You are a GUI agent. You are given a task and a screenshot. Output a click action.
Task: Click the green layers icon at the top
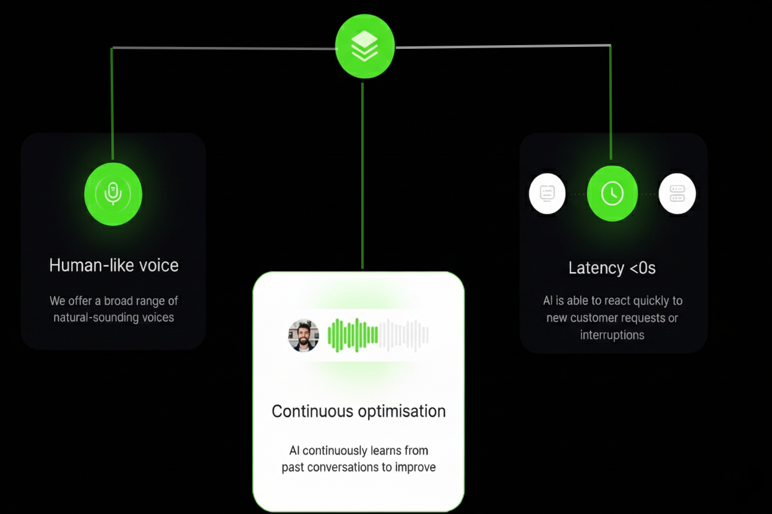364,46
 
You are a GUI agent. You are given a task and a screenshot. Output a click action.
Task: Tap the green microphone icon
113,194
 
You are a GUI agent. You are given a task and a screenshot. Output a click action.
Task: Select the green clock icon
612,193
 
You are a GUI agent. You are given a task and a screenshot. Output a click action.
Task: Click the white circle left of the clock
547,193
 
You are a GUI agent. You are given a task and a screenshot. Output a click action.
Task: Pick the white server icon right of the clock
677,193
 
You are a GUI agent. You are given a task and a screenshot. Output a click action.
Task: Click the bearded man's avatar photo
304,335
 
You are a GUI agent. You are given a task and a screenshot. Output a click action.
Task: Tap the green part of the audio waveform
353,335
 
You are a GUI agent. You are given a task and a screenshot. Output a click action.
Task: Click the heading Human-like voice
114,266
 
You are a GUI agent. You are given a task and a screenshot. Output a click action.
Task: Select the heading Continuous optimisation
359,411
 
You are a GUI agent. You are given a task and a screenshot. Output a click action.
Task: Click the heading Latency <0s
612,268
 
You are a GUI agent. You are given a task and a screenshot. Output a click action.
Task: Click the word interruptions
612,335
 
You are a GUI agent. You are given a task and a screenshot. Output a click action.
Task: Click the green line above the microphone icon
112,105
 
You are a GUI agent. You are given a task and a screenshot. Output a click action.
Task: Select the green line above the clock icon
611,102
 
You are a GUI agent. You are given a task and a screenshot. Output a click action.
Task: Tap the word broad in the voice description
126,301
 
